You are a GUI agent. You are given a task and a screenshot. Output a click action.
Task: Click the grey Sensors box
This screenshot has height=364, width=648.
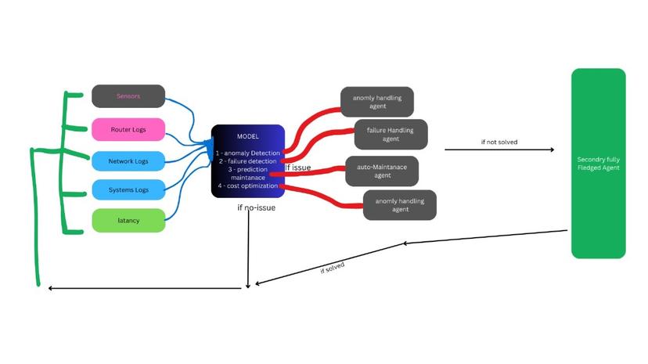tap(128, 96)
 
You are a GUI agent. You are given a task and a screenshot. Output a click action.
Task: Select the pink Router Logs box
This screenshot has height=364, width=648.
tap(128, 129)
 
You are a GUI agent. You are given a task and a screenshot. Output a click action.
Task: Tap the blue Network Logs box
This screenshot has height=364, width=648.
tap(128, 161)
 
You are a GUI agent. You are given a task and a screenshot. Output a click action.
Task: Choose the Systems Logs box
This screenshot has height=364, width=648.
tap(128, 190)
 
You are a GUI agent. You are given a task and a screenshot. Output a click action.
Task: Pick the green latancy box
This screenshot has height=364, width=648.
tap(128, 221)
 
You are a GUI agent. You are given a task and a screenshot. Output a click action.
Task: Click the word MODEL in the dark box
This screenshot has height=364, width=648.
tap(247, 136)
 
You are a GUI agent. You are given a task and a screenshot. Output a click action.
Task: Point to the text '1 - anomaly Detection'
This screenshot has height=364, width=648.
tap(247, 152)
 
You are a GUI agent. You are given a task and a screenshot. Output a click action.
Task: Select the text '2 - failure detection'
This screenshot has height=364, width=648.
tap(247, 160)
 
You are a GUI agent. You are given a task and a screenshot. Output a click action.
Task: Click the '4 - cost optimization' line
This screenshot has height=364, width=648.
tap(247, 186)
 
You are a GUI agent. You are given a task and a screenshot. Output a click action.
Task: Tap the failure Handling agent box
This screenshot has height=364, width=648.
tap(391, 134)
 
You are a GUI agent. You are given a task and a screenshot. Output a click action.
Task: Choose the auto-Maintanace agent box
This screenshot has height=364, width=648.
tap(382, 171)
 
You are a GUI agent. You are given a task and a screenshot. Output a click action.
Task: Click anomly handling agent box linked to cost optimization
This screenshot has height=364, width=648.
tap(399, 205)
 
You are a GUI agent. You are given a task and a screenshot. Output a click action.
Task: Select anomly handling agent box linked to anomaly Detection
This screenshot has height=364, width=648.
tap(376, 102)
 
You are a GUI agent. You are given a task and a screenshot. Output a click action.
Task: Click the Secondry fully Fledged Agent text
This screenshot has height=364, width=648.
tap(598, 163)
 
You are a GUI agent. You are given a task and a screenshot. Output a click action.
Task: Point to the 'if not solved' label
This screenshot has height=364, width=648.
tap(499, 142)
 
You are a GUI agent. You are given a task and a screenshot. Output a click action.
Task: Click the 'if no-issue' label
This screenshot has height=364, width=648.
tap(257, 208)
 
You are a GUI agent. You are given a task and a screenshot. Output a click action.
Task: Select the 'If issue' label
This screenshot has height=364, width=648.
tap(297, 168)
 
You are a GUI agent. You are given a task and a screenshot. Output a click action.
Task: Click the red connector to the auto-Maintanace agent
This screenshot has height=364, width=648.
tap(313, 174)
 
